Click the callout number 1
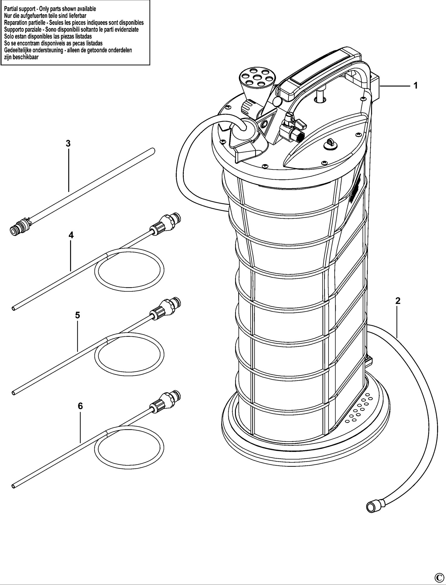(415, 86)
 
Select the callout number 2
(397, 301)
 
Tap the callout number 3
(68, 143)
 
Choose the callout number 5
(77, 315)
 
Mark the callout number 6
(80, 406)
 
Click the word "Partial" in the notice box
(11, 9)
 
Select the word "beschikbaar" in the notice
(26, 57)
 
